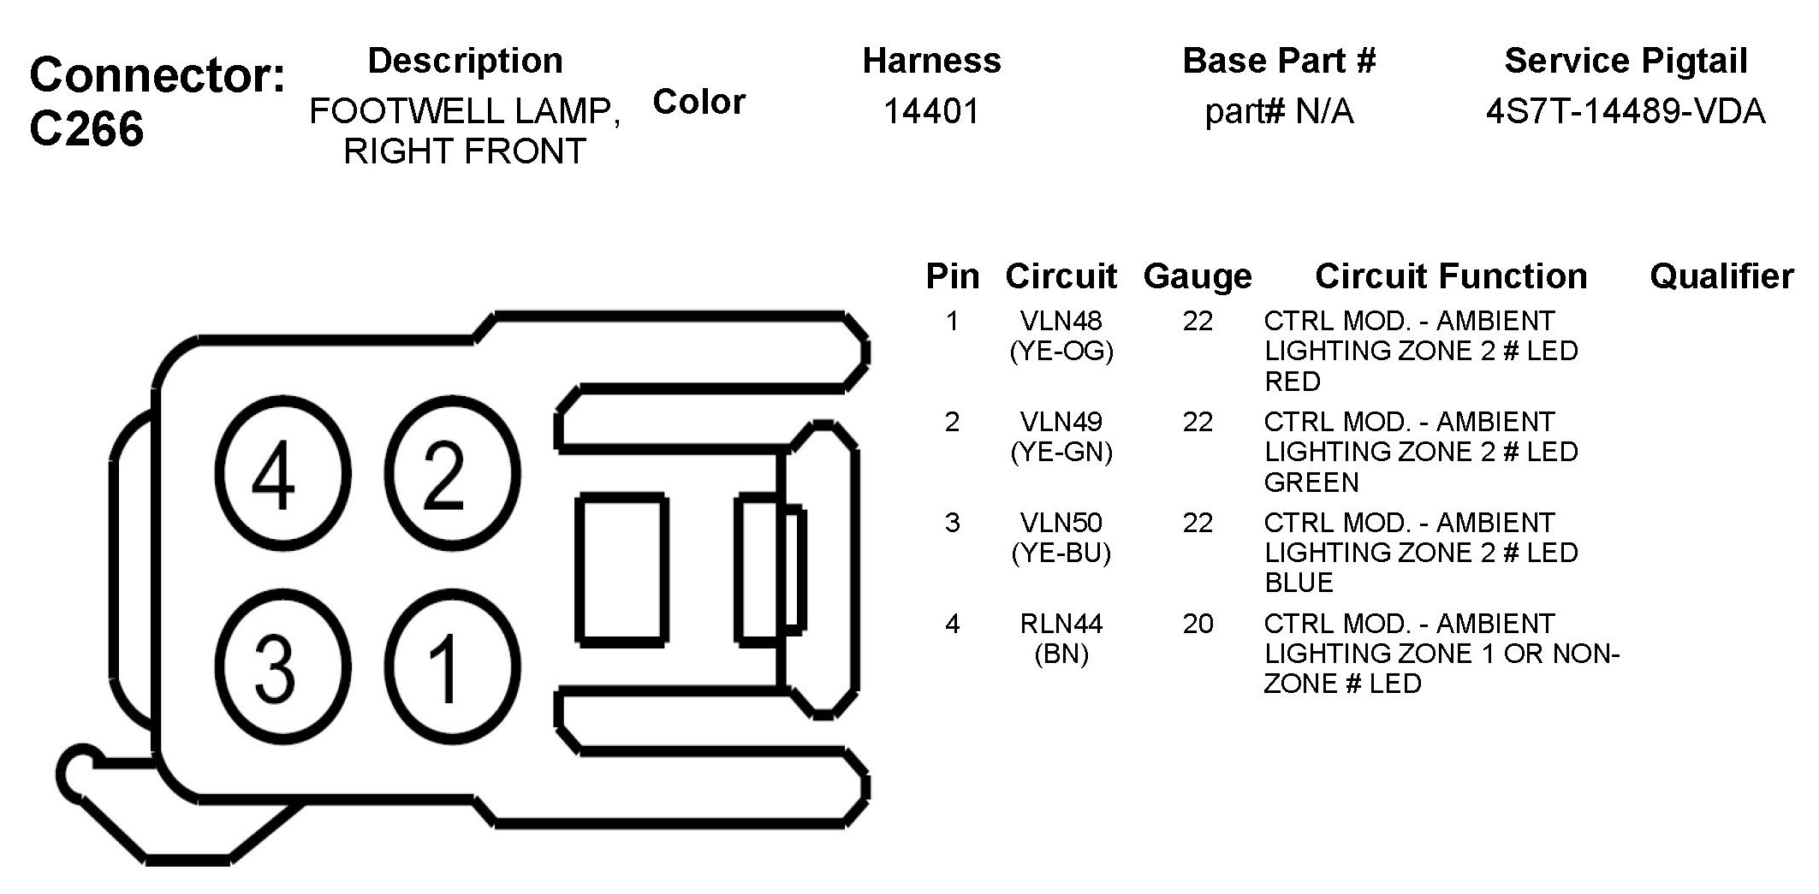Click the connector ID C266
[x=86, y=130]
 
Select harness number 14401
[x=931, y=111]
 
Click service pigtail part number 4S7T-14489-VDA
[x=1625, y=111]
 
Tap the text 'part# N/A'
[x=1279, y=111]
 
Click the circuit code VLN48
[x=1061, y=321]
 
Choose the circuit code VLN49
[x=1061, y=422]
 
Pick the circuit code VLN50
[x=1061, y=523]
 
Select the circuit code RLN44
[x=1061, y=624]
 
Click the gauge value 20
[x=1198, y=624]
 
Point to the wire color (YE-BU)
[x=1061, y=554]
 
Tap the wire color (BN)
[x=1061, y=654]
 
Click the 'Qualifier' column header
[x=1721, y=276]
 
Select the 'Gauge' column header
[x=1198, y=276]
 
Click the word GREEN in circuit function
[x=1311, y=483]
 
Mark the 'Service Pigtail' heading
[x=1625, y=61]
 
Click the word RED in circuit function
[x=1293, y=382]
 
